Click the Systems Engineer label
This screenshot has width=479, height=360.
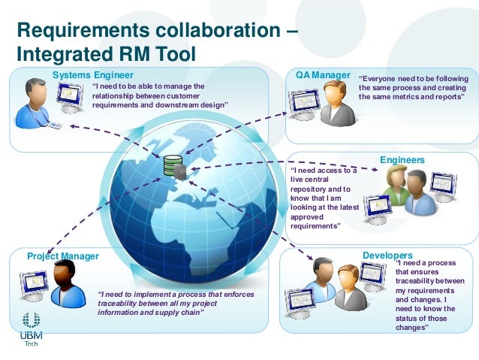[93, 74]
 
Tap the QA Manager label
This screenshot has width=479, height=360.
[324, 74]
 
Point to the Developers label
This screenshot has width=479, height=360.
[387, 256]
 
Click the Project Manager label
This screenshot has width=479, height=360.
[63, 256]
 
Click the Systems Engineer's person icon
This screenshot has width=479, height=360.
[36, 104]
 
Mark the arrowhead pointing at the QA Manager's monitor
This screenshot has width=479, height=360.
[286, 113]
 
